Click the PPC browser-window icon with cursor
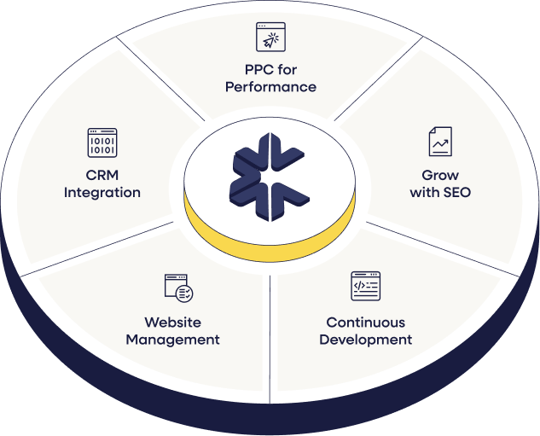click(270, 37)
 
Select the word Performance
click(270, 86)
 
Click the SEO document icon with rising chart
click(440, 142)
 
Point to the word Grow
click(440, 175)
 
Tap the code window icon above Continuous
click(365, 286)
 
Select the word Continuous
click(365, 323)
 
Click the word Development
click(365, 340)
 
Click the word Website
click(173, 323)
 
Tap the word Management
click(173, 340)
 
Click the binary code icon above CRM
click(102, 142)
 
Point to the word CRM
click(102, 175)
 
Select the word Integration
click(102, 192)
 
